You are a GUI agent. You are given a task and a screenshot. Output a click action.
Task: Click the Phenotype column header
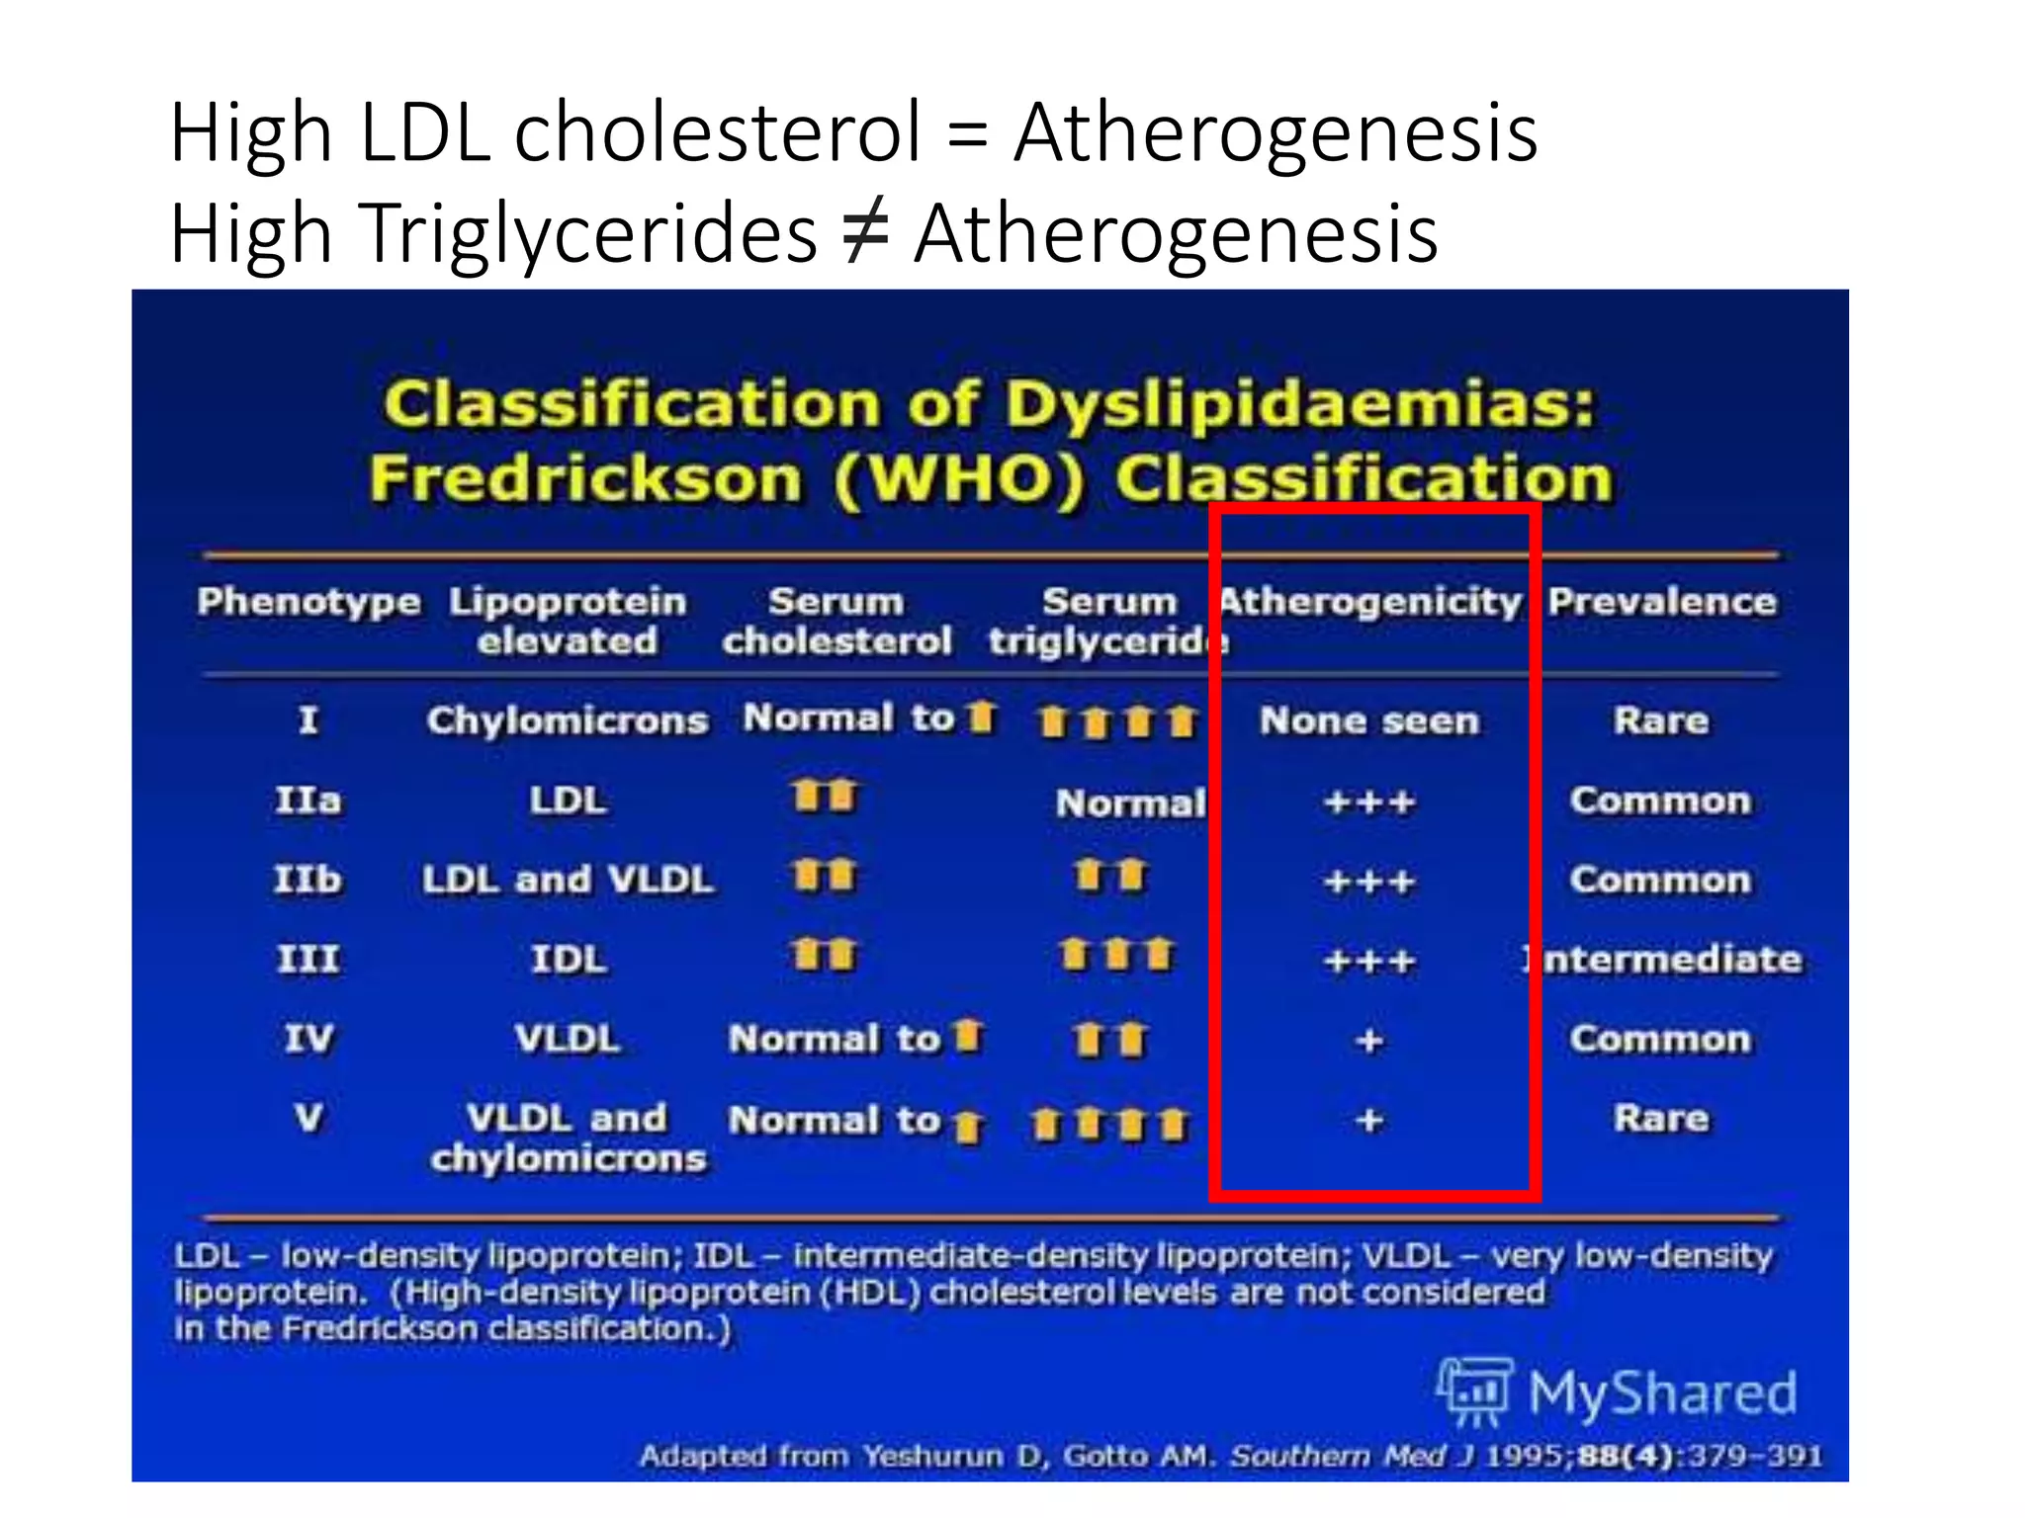pyautogui.click(x=308, y=601)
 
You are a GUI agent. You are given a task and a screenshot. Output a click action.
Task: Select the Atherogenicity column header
pyautogui.click(x=1370, y=601)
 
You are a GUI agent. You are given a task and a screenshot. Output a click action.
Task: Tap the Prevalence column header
pyautogui.click(x=1662, y=601)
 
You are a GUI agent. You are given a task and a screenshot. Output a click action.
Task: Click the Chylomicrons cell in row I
pyautogui.click(x=568, y=720)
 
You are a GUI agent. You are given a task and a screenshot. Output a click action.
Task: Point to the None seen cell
pyautogui.click(x=1369, y=720)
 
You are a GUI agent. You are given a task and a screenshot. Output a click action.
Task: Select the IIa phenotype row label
pyautogui.click(x=308, y=800)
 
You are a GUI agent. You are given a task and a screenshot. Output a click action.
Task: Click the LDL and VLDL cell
pyautogui.click(x=568, y=880)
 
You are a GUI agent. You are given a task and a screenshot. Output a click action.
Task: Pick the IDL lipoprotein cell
pyautogui.click(x=569, y=959)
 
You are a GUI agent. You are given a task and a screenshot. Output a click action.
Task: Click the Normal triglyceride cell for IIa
pyautogui.click(x=1130, y=802)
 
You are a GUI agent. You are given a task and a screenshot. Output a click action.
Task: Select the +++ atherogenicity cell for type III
pyautogui.click(x=1369, y=961)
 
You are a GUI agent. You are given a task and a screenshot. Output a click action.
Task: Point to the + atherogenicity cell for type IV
pyautogui.click(x=1369, y=1040)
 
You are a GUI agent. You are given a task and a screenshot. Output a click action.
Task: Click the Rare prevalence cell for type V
pyautogui.click(x=1661, y=1118)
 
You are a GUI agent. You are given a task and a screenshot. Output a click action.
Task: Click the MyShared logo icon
pyautogui.click(x=1473, y=1392)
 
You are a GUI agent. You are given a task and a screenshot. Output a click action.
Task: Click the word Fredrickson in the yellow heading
pyautogui.click(x=585, y=480)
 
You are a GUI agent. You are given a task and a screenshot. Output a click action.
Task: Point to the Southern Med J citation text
pyautogui.click(x=1354, y=1456)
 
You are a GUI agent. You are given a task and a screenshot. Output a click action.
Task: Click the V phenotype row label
pyautogui.click(x=308, y=1118)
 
